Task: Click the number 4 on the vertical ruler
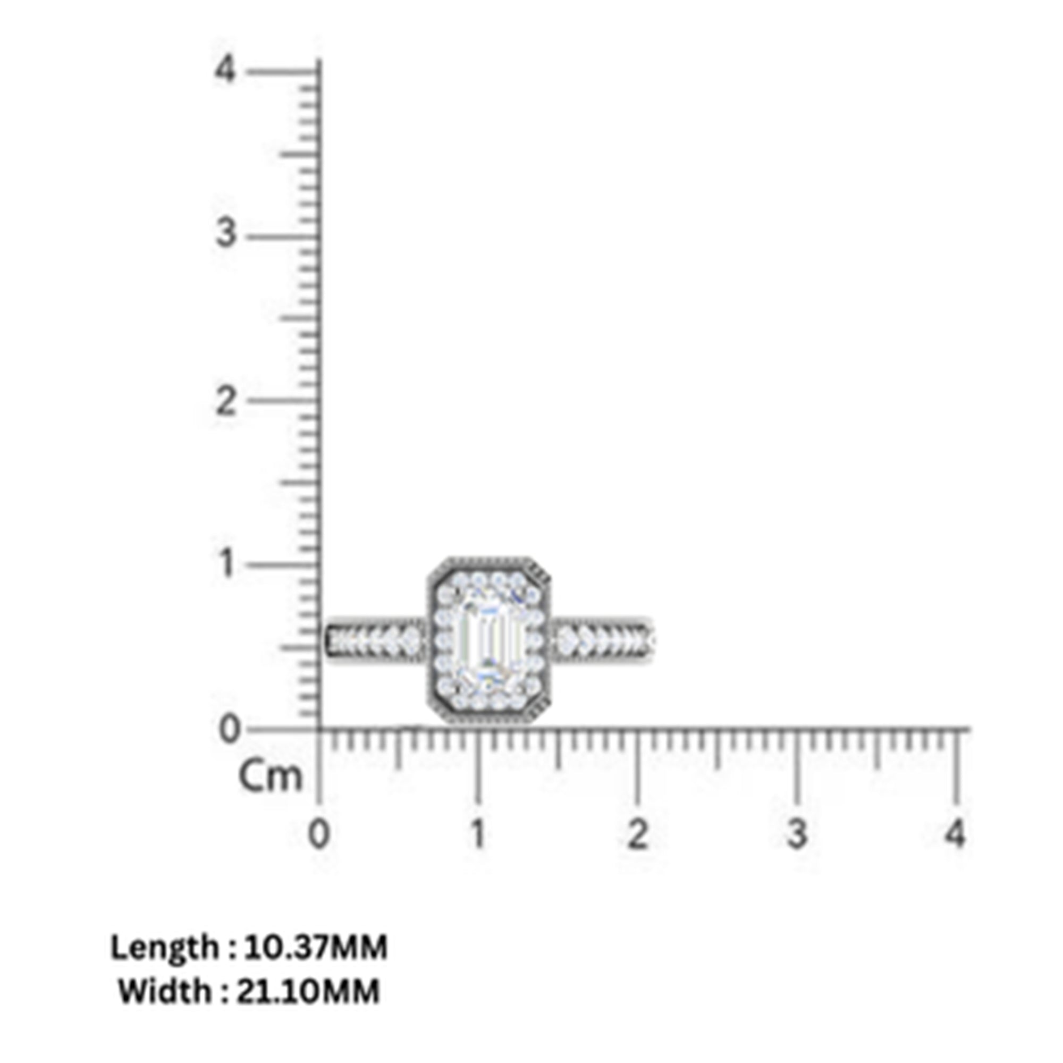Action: coord(225,71)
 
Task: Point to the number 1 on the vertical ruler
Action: coord(225,564)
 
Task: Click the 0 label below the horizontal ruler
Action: coord(318,834)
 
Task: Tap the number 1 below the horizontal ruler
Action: coord(478,834)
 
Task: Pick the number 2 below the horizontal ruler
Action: coord(637,834)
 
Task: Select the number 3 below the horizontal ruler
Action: coord(796,834)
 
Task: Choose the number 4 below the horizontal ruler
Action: coord(955,834)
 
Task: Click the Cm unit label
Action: coord(271,777)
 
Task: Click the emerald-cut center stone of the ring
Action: coord(488,640)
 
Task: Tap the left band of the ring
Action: coord(375,640)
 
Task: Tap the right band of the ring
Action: coord(601,640)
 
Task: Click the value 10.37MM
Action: coord(316,948)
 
